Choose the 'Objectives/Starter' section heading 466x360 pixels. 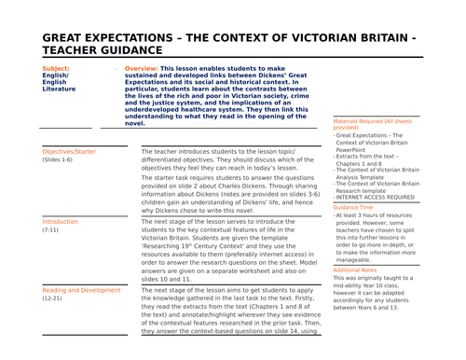(69, 150)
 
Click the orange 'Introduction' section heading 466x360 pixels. (61, 221)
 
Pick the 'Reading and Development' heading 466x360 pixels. (82, 290)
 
